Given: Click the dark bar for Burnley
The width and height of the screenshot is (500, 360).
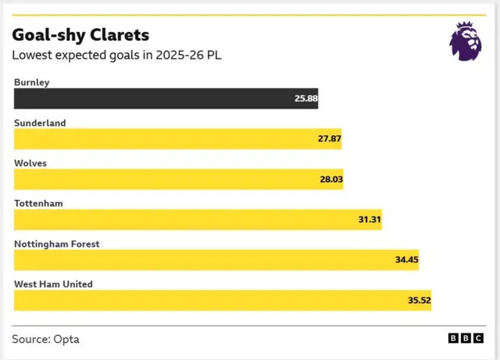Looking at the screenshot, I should pos(156,98).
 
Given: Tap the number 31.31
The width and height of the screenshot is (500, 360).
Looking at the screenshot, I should pos(369,220).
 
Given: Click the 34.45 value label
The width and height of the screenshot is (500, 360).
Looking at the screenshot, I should pos(405,261).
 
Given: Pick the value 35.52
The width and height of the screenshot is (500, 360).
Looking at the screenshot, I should pos(418,301).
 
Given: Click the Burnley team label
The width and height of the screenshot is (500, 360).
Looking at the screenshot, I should pos(32,82).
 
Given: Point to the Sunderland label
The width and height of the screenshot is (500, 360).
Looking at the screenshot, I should pos(40,123).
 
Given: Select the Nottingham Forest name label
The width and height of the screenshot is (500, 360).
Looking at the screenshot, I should pos(57,244).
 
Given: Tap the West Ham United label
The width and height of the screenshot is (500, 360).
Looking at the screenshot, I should pos(53,284).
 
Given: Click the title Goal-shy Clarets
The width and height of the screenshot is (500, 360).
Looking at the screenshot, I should pos(80,36).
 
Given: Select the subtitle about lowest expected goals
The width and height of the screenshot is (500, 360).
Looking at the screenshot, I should pos(117,55).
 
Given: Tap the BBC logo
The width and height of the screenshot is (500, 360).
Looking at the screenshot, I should pos(465,338).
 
